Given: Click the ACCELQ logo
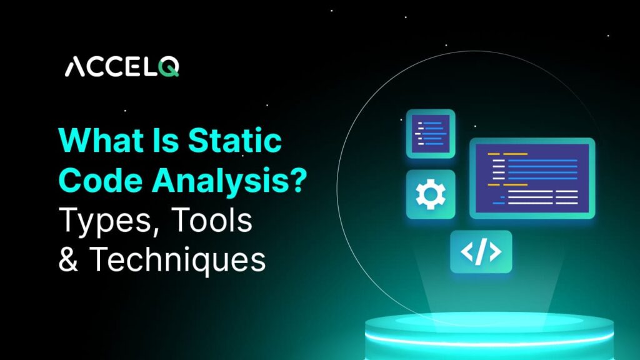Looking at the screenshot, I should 122,67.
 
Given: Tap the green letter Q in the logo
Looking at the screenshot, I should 169,67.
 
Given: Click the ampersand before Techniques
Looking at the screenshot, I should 67,260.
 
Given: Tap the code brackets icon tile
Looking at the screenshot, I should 481,251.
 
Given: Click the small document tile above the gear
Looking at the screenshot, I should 430,133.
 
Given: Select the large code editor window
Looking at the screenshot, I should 532,177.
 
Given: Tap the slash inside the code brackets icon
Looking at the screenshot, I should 481,251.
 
